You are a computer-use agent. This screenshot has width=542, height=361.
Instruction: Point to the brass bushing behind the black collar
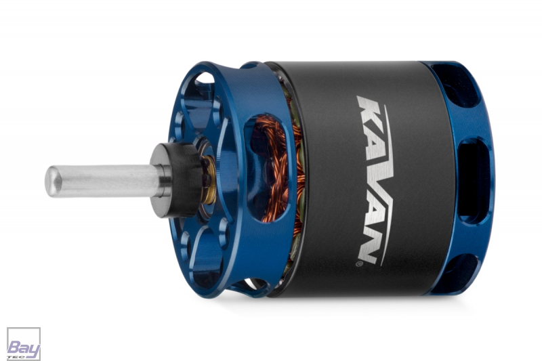pyautogui.click(x=209, y=180)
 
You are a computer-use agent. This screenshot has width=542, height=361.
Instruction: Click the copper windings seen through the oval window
pyautogui.click(x=273, y=169)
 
